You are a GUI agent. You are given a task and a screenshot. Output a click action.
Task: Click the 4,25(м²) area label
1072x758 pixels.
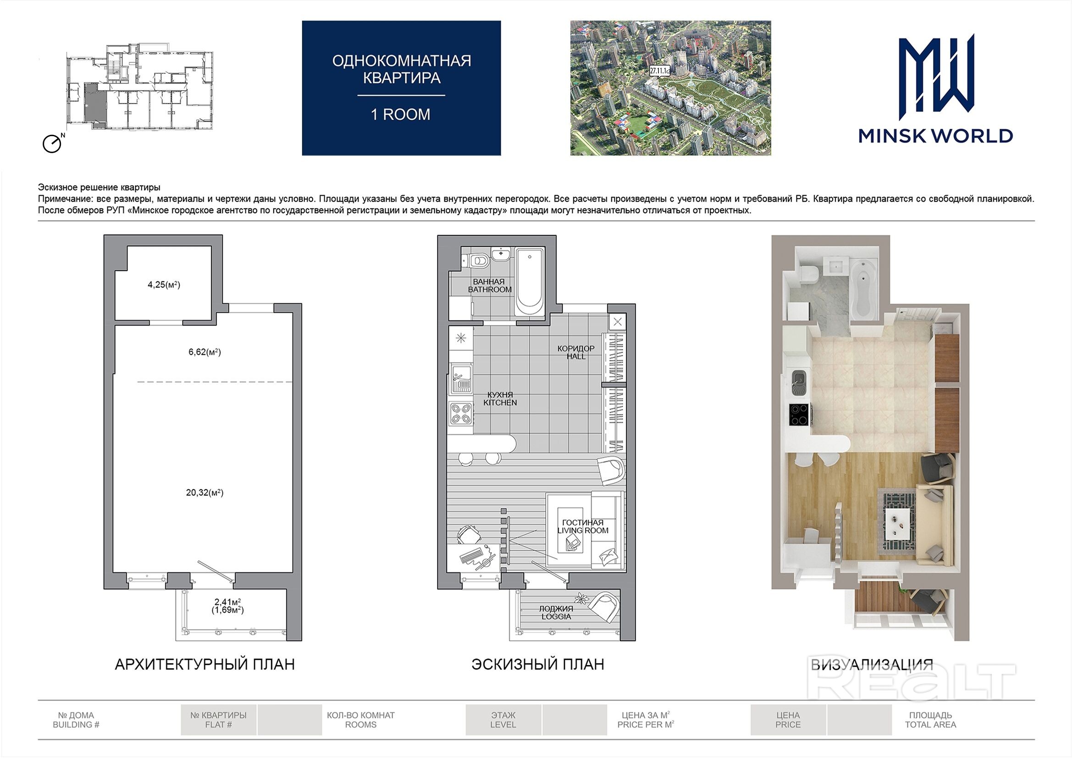[x=164, y=284]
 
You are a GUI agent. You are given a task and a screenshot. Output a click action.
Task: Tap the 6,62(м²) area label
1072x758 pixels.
[x=204, y=352]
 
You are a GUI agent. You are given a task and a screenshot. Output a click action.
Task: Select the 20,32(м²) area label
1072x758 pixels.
[x=204, y=492]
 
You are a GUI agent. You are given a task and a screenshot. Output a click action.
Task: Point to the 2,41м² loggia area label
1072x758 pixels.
[x=227, y=602]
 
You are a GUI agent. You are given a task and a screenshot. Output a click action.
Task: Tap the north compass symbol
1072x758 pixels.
[x=53, y=143]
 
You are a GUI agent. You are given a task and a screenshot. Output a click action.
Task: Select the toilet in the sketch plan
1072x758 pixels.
[x=479, y=260]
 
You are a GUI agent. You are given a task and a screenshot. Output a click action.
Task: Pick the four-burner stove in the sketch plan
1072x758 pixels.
[x=461, y=414]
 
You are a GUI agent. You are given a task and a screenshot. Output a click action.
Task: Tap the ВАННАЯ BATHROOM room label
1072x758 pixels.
[x=489, y=285]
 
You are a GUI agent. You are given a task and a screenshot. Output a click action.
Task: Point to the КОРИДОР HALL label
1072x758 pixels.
[x=576, y=352]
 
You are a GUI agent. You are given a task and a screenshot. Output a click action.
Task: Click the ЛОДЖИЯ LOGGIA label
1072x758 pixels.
[x=556, y=612]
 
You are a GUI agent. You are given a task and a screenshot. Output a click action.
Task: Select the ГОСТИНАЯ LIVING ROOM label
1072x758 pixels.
[x=583, y=526]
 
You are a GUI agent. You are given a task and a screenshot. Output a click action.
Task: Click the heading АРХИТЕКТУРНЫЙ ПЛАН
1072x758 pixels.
[x=204, y=664]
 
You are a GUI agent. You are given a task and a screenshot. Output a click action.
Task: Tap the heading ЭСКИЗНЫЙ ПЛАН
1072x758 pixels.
[x=537, y=664]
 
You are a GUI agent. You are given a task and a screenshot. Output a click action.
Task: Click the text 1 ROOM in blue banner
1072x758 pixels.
[x=401, y=115]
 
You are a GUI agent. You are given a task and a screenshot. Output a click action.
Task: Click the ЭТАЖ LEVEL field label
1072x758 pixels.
[x=503, y=719]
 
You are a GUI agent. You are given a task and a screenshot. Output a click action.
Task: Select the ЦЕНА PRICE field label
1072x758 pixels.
[x=788, y=719]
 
